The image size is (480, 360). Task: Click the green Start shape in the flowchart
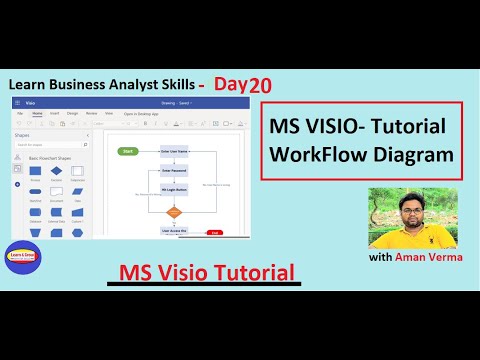pos(127,151)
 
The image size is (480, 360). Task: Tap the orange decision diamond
pos(173,212)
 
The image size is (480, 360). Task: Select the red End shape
pos(214,232)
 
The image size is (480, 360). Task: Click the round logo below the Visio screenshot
pos(21,257)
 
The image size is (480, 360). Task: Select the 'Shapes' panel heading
pos(22,134)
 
